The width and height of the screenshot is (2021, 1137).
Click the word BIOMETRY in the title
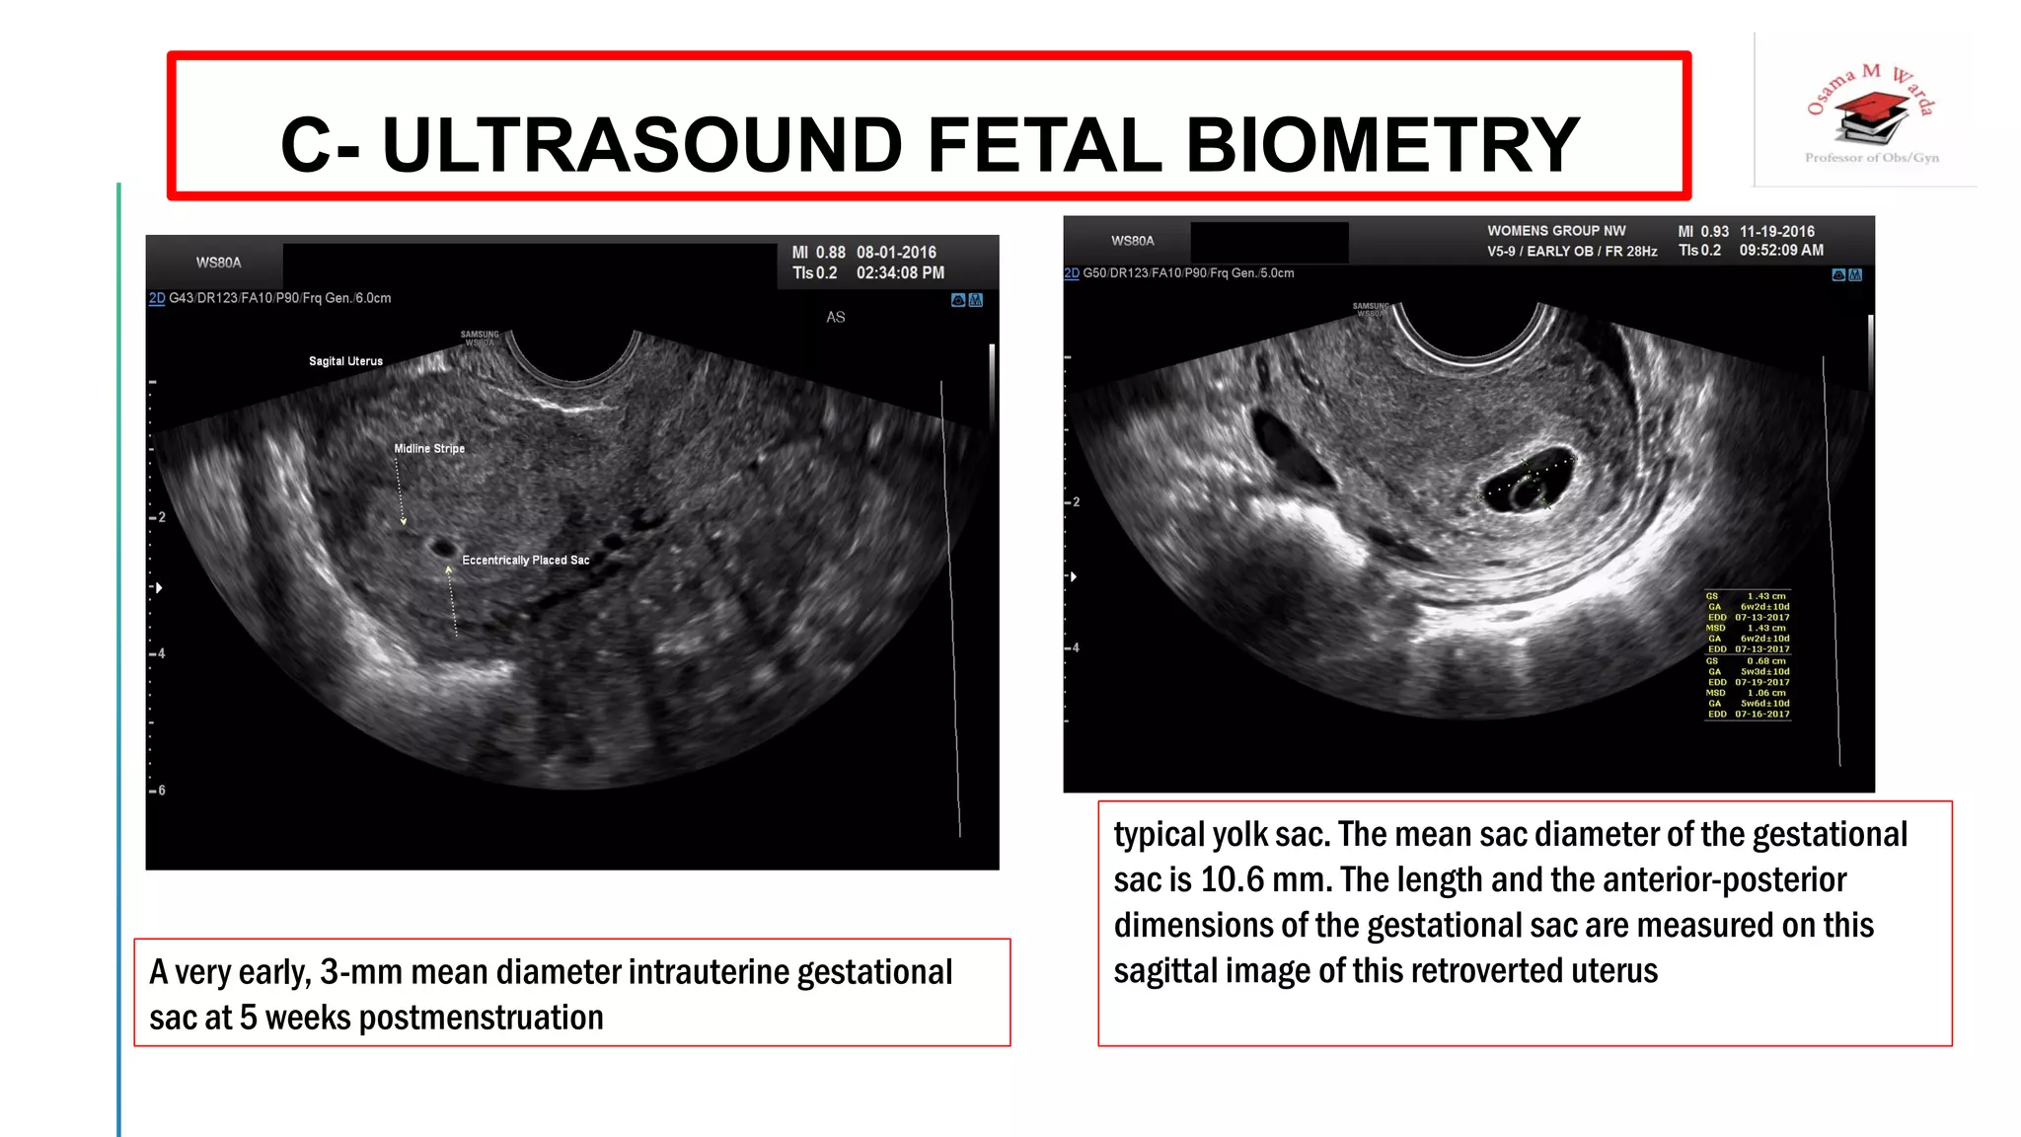point(1382,144)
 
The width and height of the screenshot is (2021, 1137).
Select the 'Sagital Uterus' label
point(345,361)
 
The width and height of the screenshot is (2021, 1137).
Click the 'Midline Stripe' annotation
point(429,448)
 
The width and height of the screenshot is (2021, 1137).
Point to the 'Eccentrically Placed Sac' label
point(525,560)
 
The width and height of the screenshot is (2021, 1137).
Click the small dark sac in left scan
point(441,546)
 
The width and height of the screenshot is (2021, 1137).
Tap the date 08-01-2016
point(896,253)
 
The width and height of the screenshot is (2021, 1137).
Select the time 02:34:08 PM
point(900,273)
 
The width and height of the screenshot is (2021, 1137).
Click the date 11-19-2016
point(1776,231)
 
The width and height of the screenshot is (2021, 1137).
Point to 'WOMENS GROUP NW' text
point(1556,231)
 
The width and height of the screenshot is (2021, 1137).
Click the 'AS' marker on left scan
point(836,317)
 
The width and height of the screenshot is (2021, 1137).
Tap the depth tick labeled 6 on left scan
point(161,791)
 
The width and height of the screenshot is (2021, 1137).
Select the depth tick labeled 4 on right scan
point(1075,647)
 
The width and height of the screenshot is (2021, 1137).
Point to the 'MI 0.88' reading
point(818,253)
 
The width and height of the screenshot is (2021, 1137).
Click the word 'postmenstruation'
point(481,1018)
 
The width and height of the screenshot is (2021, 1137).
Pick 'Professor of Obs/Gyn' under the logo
point(1871,158)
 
